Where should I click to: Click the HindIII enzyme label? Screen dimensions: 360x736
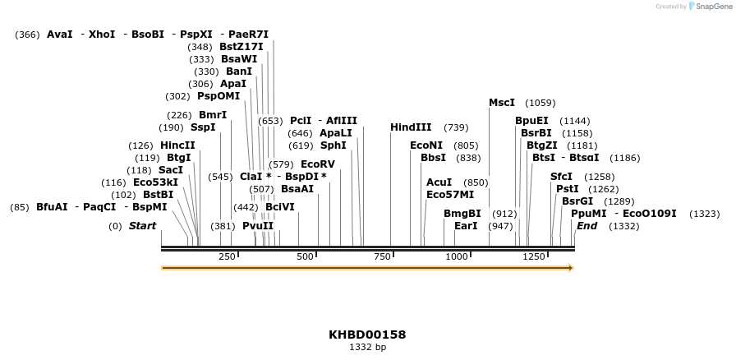click(411, 127)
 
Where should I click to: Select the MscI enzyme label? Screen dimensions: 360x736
click(502, 103)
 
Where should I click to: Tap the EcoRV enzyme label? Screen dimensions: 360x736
click(318, 164)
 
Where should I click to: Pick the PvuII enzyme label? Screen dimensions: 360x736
click(258, 226)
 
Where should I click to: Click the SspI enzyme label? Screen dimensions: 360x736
click(203, 127)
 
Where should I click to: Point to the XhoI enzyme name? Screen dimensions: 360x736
click(102, 35)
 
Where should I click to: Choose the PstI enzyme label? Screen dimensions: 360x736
click(568, 189)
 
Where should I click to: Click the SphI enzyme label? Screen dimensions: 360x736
click(333, 145)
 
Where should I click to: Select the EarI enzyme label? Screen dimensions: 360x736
click(466, 226)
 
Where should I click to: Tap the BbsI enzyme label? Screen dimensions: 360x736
click(433, 158)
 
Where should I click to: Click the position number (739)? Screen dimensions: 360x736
click(456, 127)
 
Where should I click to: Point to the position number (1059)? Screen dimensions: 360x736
click(540, 103)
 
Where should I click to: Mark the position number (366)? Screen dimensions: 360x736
click(27, 35)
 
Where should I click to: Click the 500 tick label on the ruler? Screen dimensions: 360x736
click(306, 257)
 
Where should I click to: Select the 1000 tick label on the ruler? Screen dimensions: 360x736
click(456, 257)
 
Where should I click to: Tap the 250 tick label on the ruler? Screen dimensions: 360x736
click(227, 257)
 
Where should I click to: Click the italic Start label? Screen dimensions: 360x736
click(142, 226)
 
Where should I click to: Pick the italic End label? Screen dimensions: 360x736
click(586, 226)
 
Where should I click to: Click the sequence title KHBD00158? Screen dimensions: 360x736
click(367, 335)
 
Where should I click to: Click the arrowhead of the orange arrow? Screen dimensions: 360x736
click(570, 268)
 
